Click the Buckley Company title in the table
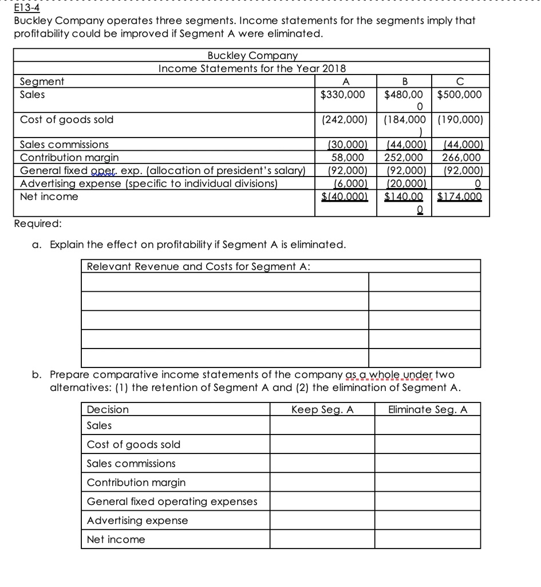click(x=252, y=56)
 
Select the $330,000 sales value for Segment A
click(x=342, y=94)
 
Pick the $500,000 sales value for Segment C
click(x=460, y=94)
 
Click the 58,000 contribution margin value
click(x=348, y=157)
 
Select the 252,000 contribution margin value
click(x=404, y=157)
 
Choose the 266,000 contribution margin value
click(x=462, y=157)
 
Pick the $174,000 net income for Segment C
click(x=460, y=197)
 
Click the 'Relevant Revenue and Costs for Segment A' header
click(x=198, y=266)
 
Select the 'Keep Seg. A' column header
click(x=322, y=409)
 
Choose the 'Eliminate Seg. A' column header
click(x=427, y=409)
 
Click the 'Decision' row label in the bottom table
click(x=108, y=409)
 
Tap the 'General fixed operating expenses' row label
click(x=172, y=502)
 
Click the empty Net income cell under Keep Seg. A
click(x=322, y=539)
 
